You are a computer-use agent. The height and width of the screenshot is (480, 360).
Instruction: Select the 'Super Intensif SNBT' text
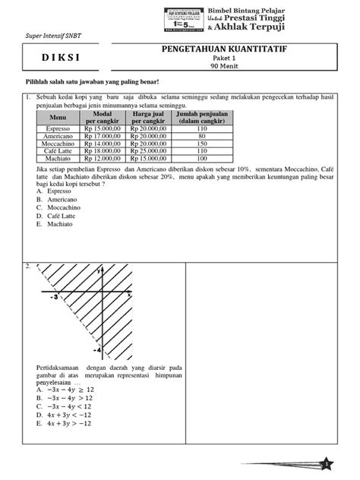(52, 36)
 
